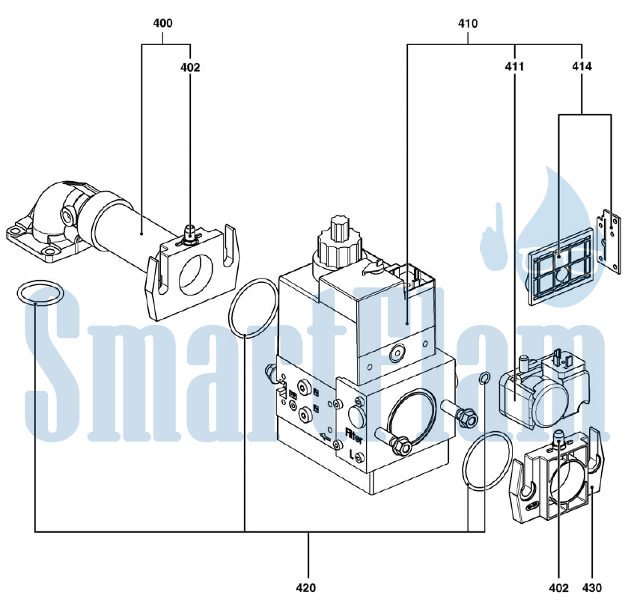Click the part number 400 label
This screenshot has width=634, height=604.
tap(162, 23)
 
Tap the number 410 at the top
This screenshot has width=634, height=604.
tap(468, 23)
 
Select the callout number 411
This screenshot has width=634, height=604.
tap(514, 67)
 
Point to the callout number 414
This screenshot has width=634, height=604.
tap(582, 67)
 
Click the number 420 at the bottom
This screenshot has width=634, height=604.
tap(306, 588)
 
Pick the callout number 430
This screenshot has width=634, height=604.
tap(592, 588)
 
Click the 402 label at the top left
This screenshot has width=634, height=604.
tap(190, 67)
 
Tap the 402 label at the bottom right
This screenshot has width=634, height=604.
tap(559, 588)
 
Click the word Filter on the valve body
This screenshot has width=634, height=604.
tap(354, 436)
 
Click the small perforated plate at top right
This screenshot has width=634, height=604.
tap(609, 241)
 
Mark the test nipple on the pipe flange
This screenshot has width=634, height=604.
tap(189, 234)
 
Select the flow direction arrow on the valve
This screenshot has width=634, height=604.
tap(325, 436)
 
